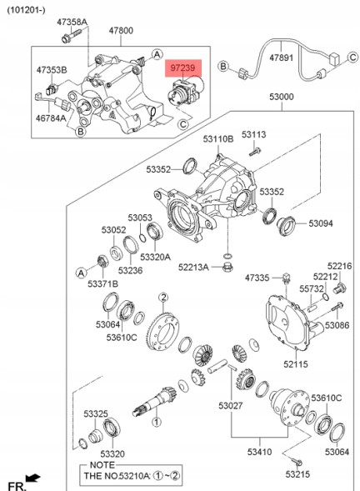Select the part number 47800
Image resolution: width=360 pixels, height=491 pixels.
(x=120, y=31)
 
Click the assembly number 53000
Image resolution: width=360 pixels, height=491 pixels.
(x=281, y=98)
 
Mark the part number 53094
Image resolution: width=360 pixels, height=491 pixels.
(x=320, y=223)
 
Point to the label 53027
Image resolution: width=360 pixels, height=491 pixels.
(x=232, y=406)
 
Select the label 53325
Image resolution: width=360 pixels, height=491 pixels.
(x=95, y=413)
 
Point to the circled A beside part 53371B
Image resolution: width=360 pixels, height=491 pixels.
(x=81, y=272)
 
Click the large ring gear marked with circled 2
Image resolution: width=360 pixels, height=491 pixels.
(x=162, y=332)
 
